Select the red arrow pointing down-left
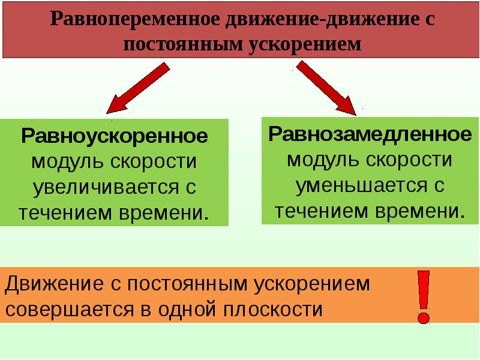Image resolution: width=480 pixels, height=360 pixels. (137, 88)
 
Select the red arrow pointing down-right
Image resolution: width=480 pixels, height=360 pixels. (328, 88)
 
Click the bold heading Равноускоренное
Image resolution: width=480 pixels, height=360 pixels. (115, 136)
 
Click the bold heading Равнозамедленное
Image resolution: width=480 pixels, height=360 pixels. (370, 133)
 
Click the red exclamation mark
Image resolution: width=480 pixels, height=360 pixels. (424, 296)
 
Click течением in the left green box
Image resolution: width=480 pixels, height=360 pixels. (58, 212)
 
